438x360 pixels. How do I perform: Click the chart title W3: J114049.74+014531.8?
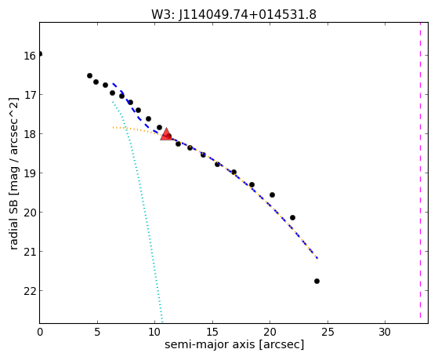(x=233, y=15)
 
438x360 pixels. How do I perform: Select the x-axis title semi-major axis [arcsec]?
(x=234, y=344)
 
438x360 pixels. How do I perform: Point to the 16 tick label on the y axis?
(x=29, y=56)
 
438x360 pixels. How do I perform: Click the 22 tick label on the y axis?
(x=29, y=291)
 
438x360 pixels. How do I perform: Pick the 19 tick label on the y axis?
(x=29, y=173)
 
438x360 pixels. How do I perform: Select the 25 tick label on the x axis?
(x=328, y=332)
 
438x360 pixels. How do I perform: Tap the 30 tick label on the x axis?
(x=385, y=332)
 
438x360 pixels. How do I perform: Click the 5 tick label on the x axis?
(x=97, y=332)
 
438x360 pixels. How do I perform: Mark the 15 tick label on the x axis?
(x=212, y=332)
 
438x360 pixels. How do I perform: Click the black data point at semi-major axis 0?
(x=40, y=53)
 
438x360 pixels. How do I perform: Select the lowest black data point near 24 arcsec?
(x=317, y=281)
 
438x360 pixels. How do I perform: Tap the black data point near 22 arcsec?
(x=292, y=217)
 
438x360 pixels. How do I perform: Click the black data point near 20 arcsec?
(x=272, y=195)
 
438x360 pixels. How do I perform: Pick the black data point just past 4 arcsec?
(x=89, y=76)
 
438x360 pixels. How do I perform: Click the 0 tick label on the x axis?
(x=40, y=332)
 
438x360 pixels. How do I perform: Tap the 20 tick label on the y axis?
(x=29, y=213)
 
